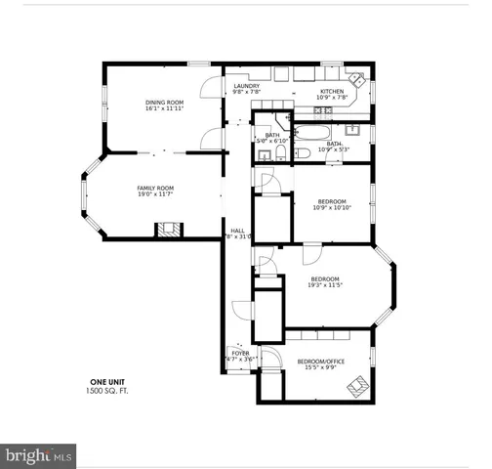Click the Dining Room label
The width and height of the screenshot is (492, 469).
coord(164,102)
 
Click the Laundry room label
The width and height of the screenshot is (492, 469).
coord(247,86)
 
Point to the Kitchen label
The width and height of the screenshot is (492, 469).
coord(333,91)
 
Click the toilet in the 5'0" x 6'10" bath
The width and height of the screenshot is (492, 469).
coord(302,152)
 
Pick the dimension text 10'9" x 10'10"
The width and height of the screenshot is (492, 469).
coord(332,207)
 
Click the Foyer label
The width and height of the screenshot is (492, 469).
coord(240,353)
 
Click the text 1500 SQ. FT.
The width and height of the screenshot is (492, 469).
coord(108,390)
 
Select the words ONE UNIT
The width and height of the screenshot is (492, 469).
coord(108,381)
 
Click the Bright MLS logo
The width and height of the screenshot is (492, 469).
coord(39,455)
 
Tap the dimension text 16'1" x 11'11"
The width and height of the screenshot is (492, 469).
coord(164,109)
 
